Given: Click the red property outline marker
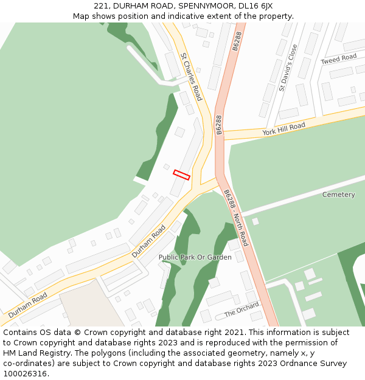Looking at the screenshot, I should click(181, 174).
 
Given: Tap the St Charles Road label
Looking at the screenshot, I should click(191, 77).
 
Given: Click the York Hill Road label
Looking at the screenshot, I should click(283, 129).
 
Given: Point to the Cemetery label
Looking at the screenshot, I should click(338, 195).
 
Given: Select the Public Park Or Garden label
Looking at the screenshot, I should click(195, 257).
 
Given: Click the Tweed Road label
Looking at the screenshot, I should click(338, 59).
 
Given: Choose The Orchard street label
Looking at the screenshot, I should click(242, 309).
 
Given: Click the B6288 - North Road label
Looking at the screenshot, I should click(236, 218).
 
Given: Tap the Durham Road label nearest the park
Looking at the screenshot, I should click(148, 241).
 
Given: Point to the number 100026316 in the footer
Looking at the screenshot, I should click(26, 374).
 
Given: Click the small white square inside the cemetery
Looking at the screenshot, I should click(255, 221).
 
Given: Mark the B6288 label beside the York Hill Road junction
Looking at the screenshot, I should click(219, 125).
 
